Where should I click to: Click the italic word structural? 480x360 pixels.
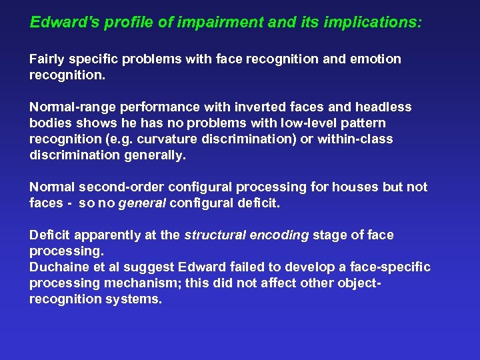(211, 235)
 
